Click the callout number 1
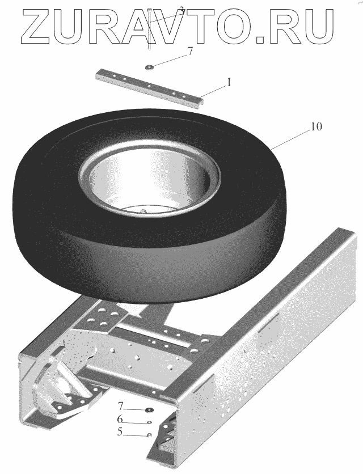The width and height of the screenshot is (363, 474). tap(229, 82)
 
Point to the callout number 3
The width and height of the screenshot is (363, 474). tap(181, 12)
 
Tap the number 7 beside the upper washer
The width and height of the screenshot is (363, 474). tap(189, 51)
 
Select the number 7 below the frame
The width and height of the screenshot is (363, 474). tap(120, 404)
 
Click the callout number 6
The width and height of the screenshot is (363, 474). tap(120, 419)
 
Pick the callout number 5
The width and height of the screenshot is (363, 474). tap(120, 431)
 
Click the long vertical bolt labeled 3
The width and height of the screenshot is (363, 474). tap(149, 29)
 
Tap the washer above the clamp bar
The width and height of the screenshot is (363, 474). tap(149, 67)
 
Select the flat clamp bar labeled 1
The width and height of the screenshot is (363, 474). tap(150, 87)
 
